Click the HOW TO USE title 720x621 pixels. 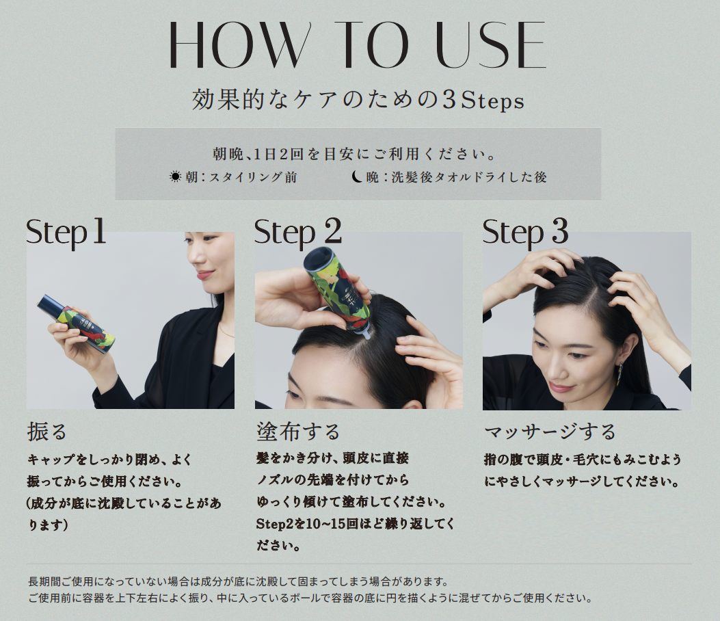pos(357,45)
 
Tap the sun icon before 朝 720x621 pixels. pos(176,177)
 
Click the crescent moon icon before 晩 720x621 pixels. pos(357,176)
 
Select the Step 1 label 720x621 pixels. pos(66,233)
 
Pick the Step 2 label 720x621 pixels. pos(297,233)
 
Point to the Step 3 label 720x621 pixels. pos(525,233)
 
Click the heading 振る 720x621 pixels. pos(47,432)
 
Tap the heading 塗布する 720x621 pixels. pos(299,432)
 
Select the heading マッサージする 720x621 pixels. pos(550,432)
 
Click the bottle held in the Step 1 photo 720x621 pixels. pos(76,324)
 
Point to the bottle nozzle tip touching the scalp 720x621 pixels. pos(366,336)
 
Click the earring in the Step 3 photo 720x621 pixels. pos(621,373)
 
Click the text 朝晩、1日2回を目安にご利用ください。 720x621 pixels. pos(354,154)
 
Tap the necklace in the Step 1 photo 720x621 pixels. pos(226,330)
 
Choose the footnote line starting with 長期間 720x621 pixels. pos(238,581)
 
